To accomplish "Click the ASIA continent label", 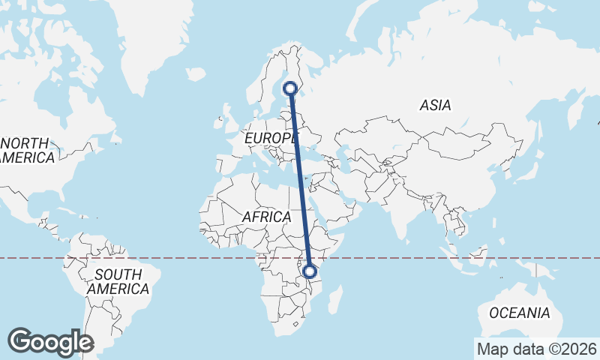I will [x=435, y=106].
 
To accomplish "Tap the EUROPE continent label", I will [x=271, y=139].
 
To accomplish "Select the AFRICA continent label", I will [x=266, y=217].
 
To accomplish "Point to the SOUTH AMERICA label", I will [x=118, y=281].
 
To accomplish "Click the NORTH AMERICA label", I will [x=26, y=150].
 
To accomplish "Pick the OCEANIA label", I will [x=519, y=313].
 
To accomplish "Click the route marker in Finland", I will [x=290, y=89].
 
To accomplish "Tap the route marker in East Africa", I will [x=310, y=272].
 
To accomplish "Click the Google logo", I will [x=51, y=342].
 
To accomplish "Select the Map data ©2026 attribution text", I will [x=536, y=349].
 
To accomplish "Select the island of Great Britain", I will [x=229, y=122].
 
